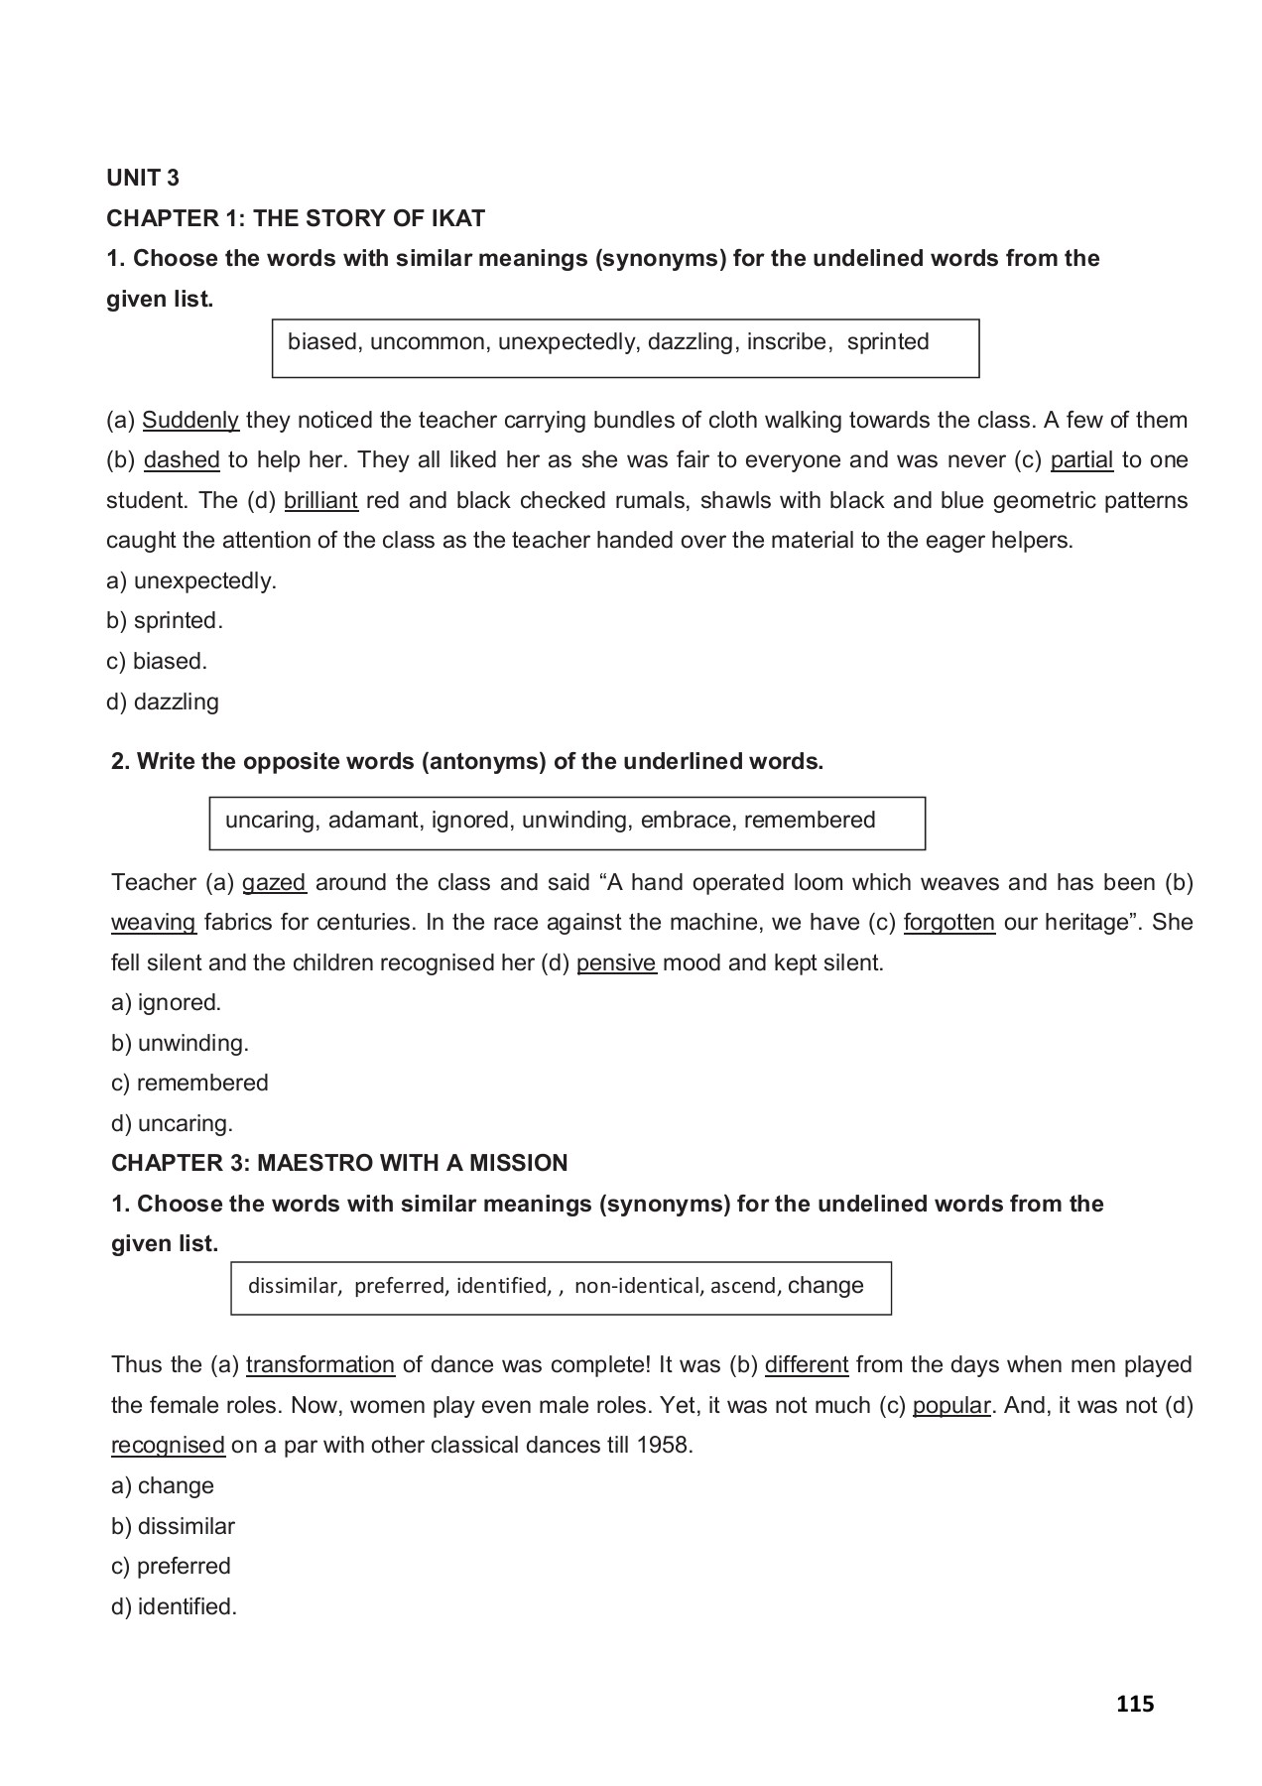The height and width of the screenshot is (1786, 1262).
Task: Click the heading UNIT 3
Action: [x=143, y=178]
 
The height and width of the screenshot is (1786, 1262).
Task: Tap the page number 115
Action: [x=1135, y=1704]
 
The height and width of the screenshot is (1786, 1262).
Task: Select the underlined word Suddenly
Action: [x=190, y=420]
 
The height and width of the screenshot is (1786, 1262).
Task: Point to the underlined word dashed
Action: [x=182, y=459]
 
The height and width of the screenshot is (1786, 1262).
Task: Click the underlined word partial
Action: [x=1081, y=459]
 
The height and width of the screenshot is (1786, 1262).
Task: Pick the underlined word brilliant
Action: [x=320, y=500]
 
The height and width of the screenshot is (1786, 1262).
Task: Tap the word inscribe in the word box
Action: [x=787, y=342]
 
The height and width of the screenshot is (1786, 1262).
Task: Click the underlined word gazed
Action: [x=274, y=882]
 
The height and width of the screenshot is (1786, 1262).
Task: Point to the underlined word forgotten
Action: [x=948, y=922]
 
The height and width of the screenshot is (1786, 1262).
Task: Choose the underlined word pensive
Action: [x=616, y=962]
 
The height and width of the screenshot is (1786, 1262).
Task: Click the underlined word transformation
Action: [x=319, y=1364]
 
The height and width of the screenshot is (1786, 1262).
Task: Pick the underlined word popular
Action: [x=950, y=1405]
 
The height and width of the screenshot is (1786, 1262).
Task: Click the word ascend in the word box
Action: [x=743, y=1286]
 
